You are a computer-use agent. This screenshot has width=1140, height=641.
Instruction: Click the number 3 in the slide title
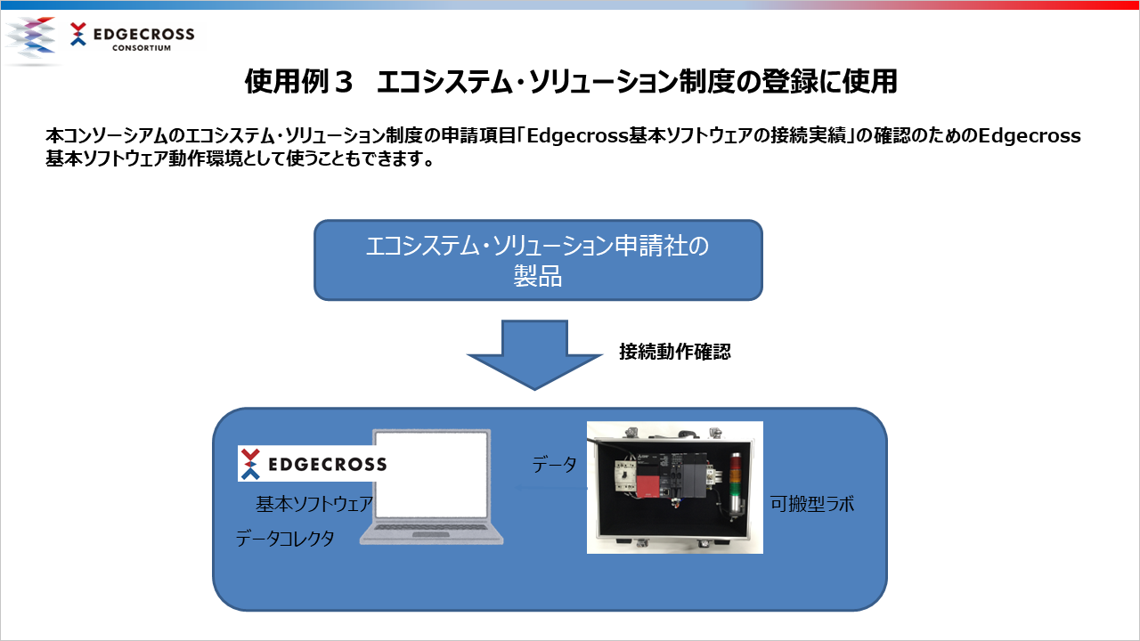point(344,81)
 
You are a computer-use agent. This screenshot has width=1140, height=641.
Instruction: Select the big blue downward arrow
point(534,354)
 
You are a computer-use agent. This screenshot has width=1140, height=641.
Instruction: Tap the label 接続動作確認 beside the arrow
point(675,352)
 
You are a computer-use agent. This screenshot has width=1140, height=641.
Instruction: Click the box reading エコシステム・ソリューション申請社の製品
point(538,260)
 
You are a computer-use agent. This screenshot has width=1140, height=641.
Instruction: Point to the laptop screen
point(432,475)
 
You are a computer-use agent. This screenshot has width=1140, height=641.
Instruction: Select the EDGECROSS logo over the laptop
point(313,464)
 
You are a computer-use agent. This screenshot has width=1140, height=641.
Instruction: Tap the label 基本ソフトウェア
point(314,504)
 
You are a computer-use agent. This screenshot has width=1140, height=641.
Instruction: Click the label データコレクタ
point(285,539)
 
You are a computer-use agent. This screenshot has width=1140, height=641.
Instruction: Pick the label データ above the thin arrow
point(554,465)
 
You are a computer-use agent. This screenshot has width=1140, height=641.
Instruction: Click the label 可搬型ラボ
point(811,504)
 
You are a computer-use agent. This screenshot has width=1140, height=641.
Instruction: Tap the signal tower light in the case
point(736,485)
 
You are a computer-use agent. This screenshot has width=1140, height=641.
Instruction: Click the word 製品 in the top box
point(537,276)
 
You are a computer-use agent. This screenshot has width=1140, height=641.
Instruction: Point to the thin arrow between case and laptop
point(551,488)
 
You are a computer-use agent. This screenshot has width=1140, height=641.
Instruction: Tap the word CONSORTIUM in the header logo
point(142,48)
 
